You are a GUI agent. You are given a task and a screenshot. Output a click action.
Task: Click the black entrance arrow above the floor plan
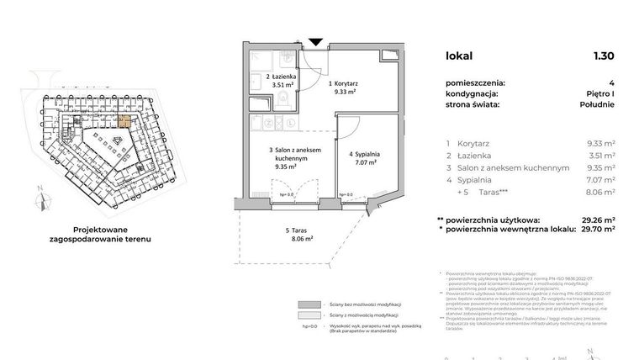coord(315,42)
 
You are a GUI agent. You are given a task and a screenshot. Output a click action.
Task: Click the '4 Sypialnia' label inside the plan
coord(366,159)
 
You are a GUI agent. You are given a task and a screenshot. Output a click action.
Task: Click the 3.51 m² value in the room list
coord(600,156)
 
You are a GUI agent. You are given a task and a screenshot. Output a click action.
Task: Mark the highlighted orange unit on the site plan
coord(123,120)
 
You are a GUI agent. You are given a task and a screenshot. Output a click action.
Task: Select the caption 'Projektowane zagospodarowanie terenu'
coord(105,233)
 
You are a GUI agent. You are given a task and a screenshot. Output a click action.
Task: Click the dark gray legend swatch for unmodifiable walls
coord(309,304)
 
